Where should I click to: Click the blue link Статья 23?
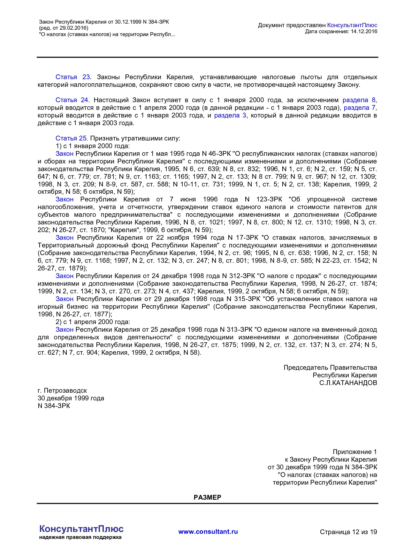tap(72, 77)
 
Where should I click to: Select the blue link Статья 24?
tap(72, 100)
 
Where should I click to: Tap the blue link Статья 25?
tap(71, 138)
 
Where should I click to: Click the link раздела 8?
tap(359, 100)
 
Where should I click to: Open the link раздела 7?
tap(360, 108)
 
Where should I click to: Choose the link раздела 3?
tap(230, 115)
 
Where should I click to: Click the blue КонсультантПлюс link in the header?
tap(352, 25)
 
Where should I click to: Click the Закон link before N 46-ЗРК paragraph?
tap(65, 154)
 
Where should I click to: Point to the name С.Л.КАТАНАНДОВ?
tap(348, 383)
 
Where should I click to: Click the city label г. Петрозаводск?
tap(62, 390)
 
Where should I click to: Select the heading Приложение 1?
tap(354, 452)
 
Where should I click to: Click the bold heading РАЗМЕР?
tap(207, 497)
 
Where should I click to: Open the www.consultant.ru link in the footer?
tap(208, 532)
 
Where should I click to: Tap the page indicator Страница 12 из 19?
tap(348, 532)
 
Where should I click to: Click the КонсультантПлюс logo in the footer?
tap(81, 529)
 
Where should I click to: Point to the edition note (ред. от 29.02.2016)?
tap(64, 28)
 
